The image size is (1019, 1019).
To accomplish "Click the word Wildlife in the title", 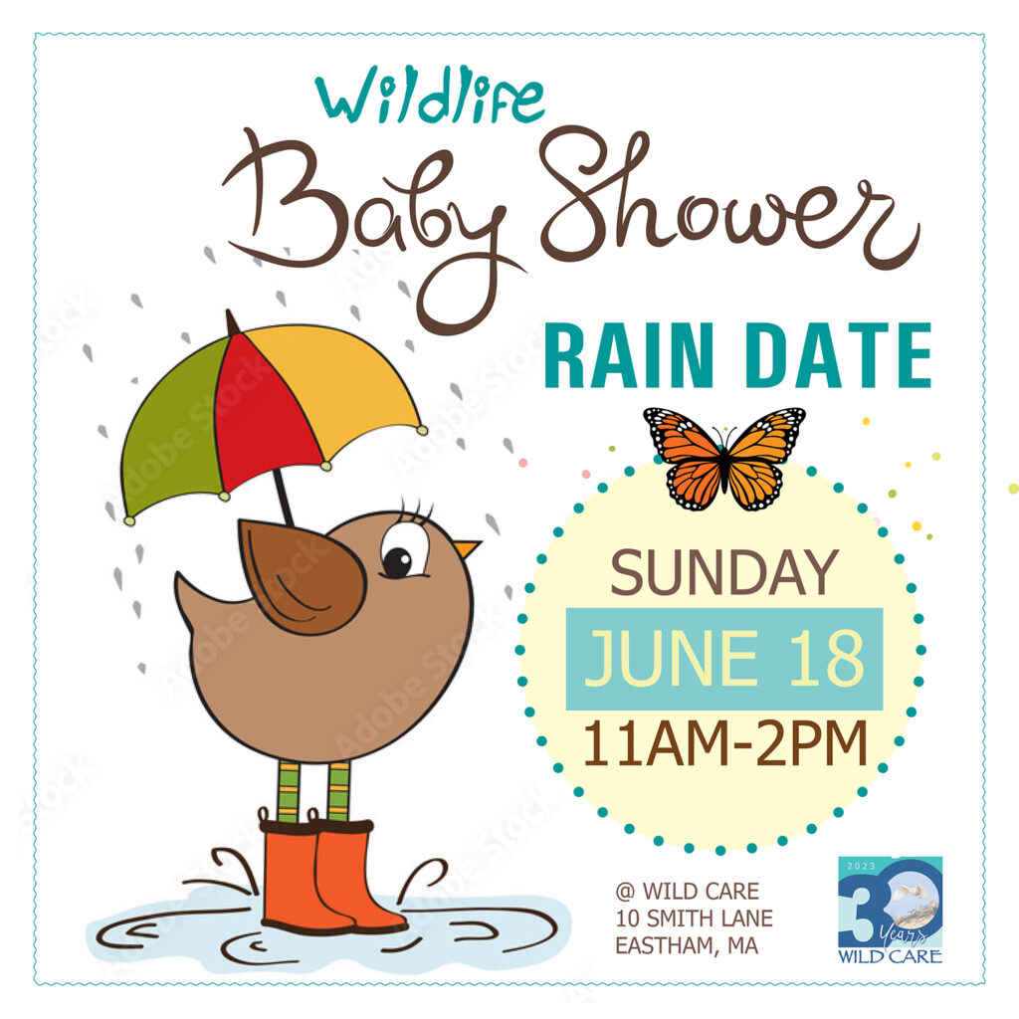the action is tap(430, 97).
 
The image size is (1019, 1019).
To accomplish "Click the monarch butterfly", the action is tap(724, 458).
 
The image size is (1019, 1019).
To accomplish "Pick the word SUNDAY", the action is tap(724, 572).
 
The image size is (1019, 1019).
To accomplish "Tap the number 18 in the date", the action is tap(827, 659).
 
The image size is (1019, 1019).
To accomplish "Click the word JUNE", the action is tap(672, 659).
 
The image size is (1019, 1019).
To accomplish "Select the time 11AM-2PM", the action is tap(724, 742).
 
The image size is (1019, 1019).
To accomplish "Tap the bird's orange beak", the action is tap(467, 548).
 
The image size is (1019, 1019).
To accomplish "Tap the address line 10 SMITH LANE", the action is tap(694, 918).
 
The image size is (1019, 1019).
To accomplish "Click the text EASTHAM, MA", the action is tap(687, 946).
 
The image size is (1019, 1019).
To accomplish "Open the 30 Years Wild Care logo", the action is tap(890, 910).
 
